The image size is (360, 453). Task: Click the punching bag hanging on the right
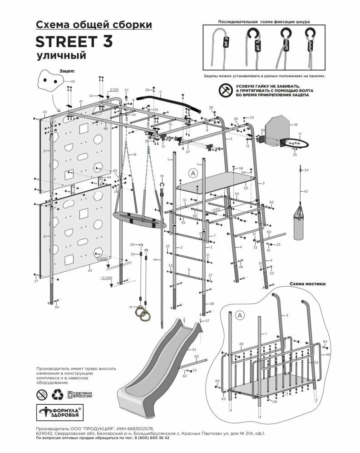[x=299, y=224]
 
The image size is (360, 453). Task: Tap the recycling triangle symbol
[x=58, y=394]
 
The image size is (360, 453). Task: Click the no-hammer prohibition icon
[x=224, y=90]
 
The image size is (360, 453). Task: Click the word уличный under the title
[x=61, y=56]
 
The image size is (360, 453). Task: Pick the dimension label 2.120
[x=113, y=90]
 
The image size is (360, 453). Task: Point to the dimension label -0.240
[x=107, y=277]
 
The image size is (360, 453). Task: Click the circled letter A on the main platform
[x=193, y=173]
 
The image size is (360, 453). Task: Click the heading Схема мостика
[x=307, y=284]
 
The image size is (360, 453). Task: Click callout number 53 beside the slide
[x=194, y=349]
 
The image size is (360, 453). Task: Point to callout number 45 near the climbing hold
[x=73, y=81]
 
